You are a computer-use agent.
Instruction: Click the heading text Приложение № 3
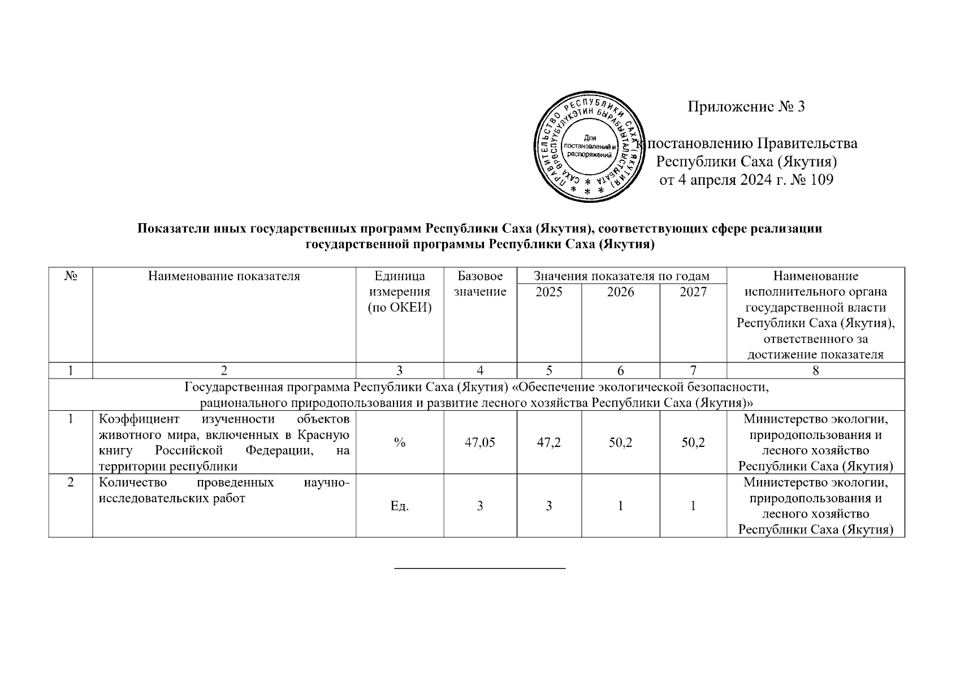click(746, 106)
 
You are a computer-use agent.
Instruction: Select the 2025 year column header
click(549, 292)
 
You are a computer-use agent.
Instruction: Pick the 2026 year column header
click(620, 292)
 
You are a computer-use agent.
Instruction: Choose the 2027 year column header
click(693, 292)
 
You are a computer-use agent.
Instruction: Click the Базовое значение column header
click(480, 284)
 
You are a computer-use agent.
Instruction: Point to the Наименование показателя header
click(224, 276)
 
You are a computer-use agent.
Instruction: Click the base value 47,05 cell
click(480, 443)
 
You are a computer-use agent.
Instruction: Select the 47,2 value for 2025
click(549, 443)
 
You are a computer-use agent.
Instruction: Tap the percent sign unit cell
click(400, 443)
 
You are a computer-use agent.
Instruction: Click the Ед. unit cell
click(400, 506)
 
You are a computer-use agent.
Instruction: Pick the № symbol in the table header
click(71, 276)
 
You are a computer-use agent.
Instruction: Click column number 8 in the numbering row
click(815, 371)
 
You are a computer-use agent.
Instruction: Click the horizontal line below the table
click(479, 567)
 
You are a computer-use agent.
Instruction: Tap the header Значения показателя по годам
click(621, 276)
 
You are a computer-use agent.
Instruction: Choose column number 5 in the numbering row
click(549, 371)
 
